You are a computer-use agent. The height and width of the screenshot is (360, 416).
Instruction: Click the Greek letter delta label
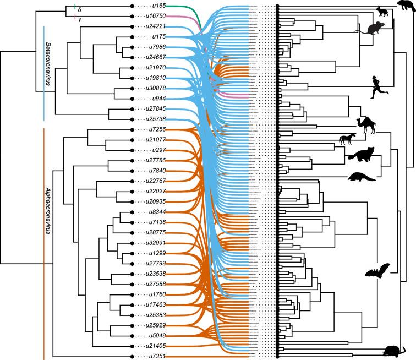(x=80, y=9)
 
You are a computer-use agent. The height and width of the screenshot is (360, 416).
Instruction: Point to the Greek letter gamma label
(x=80, y=19)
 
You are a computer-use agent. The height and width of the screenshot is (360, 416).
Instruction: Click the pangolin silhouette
(x=362, y=177)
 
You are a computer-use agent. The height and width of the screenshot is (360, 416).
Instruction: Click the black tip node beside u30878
(x=132, y=88)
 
